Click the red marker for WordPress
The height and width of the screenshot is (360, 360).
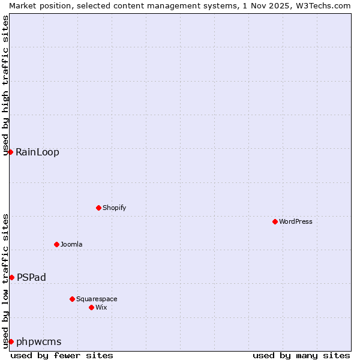tap(275, 221)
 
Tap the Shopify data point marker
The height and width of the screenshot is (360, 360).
tap(98, 208)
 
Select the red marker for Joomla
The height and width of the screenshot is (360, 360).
tap(56, 244)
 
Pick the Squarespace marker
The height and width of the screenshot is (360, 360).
tap(72, 299)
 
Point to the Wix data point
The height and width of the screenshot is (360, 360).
tap(91, 307)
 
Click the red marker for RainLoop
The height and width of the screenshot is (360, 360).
tap(10, 152)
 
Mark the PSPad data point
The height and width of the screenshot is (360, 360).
tap(11, 277)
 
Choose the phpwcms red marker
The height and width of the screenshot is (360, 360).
tap(11, 341)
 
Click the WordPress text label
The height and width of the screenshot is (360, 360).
tap(296, 221)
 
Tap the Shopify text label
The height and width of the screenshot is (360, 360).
tap(114, 208)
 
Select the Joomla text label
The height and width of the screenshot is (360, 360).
tap(71, 244)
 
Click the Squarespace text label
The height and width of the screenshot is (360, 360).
tap(97, 299)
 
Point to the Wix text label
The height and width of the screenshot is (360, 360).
tap(101, 307)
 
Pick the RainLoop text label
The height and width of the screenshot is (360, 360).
tap(37, 152)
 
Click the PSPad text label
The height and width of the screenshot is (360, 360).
tap(31, 277)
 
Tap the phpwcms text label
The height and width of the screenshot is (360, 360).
tap(39, 341)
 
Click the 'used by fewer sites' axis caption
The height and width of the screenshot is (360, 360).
tap(62, 355)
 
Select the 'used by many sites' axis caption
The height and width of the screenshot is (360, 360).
tap(301, 355)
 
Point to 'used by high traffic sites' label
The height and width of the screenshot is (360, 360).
tap(5, 85)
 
